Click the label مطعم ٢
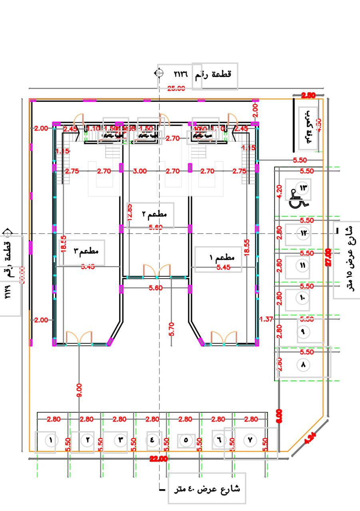tap(153, 214)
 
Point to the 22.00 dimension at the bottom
tap(159, 460)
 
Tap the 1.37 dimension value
tap(266, 319)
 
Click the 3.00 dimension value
tap(140, 171)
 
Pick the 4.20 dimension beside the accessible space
tap(279, 192)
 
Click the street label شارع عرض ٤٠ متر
tap(208, 489)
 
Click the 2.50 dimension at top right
tap(308, 95)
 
